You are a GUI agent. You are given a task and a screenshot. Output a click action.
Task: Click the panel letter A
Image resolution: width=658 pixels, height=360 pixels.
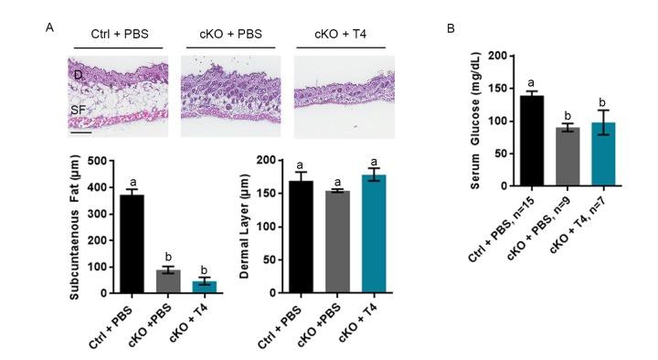tap(49, 28)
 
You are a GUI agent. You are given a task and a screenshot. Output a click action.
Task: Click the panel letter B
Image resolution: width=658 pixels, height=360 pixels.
tap(451, 28)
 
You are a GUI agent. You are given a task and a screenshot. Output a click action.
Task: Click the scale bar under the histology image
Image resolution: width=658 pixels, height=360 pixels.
tap(80, 133)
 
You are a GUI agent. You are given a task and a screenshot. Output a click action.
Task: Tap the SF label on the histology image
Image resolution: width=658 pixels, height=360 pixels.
tap(80, 110)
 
